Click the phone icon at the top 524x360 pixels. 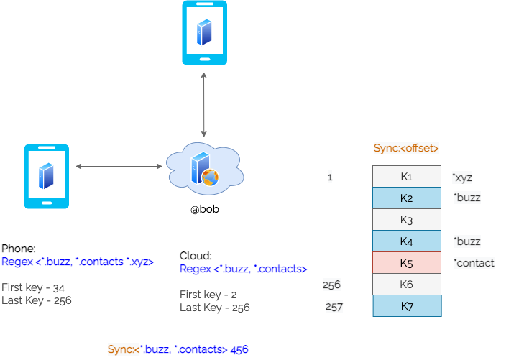(x=204, y=33)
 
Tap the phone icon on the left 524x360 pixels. (x=47, y=176)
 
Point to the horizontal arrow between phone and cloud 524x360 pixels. (x=119, y=167)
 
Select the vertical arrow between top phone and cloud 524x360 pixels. (x=205, y=104)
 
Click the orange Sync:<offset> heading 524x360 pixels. (x=406, y=148)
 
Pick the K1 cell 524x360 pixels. (x=406, y=177)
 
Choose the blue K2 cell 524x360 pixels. (x=406, y=198)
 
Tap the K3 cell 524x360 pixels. (x=406, y=219)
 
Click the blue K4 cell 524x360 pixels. (x=406, y=241)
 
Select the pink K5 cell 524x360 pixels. (x=406, y=262)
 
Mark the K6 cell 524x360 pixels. (x=406, y=285)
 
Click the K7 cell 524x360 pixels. (x=406, y=306)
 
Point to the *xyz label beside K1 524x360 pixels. (x=462, y=177)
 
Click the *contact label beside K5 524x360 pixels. (x=474, y=263)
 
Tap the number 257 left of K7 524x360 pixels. (x=334, y=307)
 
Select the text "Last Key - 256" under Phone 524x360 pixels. (x=37, y=300)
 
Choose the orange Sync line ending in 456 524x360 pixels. (x=178, y=349)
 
